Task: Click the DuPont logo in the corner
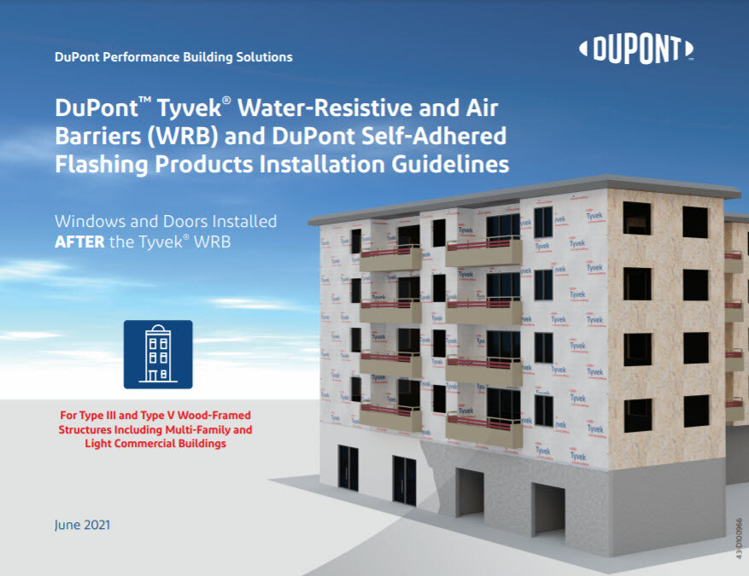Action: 635,49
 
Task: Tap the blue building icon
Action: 158,354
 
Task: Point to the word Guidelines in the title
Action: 449,162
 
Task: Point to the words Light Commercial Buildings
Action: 154,444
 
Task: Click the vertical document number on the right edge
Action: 738,538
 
